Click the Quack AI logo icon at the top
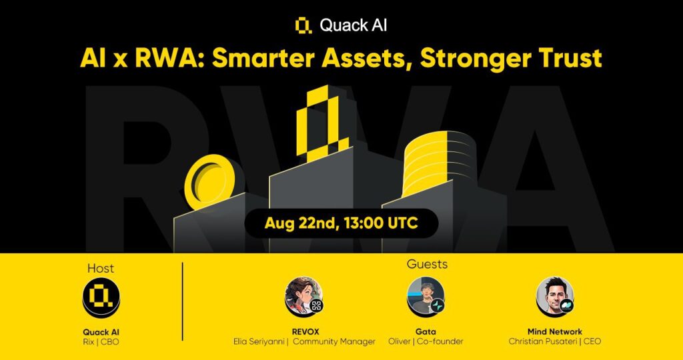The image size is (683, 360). coord(303,25)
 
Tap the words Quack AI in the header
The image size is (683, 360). coord(354,25)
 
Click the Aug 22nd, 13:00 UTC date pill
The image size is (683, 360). coord(341,223)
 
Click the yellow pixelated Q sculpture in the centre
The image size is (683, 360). coord(322,123)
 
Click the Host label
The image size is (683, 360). coord(101,268)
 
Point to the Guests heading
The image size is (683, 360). coord(427,264)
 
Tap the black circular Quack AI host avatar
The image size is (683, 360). coord(101,297)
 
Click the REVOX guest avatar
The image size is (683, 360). coord(304,296)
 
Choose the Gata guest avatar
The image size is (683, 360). coord(426,296)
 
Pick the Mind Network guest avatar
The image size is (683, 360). coord(555,296)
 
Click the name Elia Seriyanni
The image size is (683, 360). coord(259,342)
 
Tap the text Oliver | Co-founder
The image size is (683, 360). coord(426,342)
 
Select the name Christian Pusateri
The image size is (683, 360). coord(543,342)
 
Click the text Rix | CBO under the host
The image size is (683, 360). coord(101,342)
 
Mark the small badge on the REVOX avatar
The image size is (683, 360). coord(316,306)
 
